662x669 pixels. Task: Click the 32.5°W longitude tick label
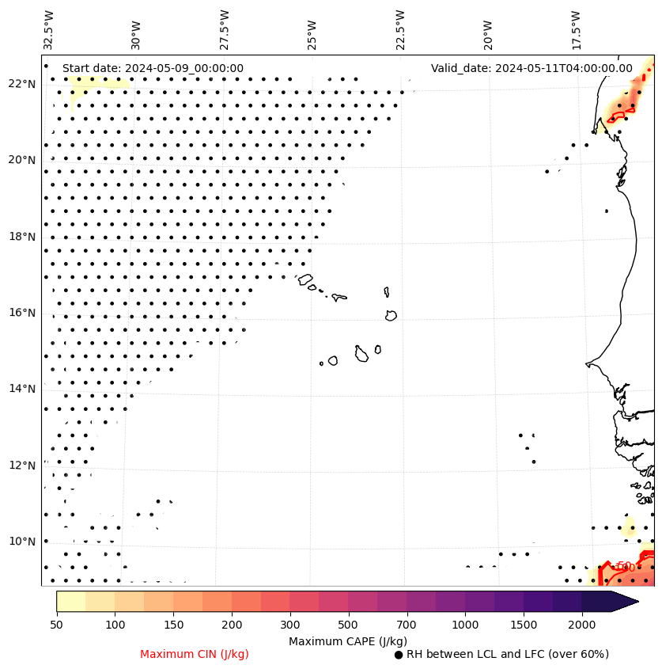pyautogui.click(x=50, y=29)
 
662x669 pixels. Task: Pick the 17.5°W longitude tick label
pyautogui.click(x=577, y=29)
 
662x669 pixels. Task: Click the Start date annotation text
pyautogui.click(x=153, y=69)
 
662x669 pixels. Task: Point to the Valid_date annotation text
pyautogui.click(x=531, y=69)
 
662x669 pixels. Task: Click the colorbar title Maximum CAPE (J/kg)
pyautogui.click(x=347, y=640)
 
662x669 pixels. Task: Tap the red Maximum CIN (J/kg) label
pyautogui.click(x=194, y=654)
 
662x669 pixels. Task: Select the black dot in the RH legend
pyautogui.click(x=398, y=655)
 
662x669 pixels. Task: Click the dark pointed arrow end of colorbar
pyautogui.click(x=625, y=601)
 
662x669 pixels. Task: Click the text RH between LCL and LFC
pyautogui.click(x=507, y=654)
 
